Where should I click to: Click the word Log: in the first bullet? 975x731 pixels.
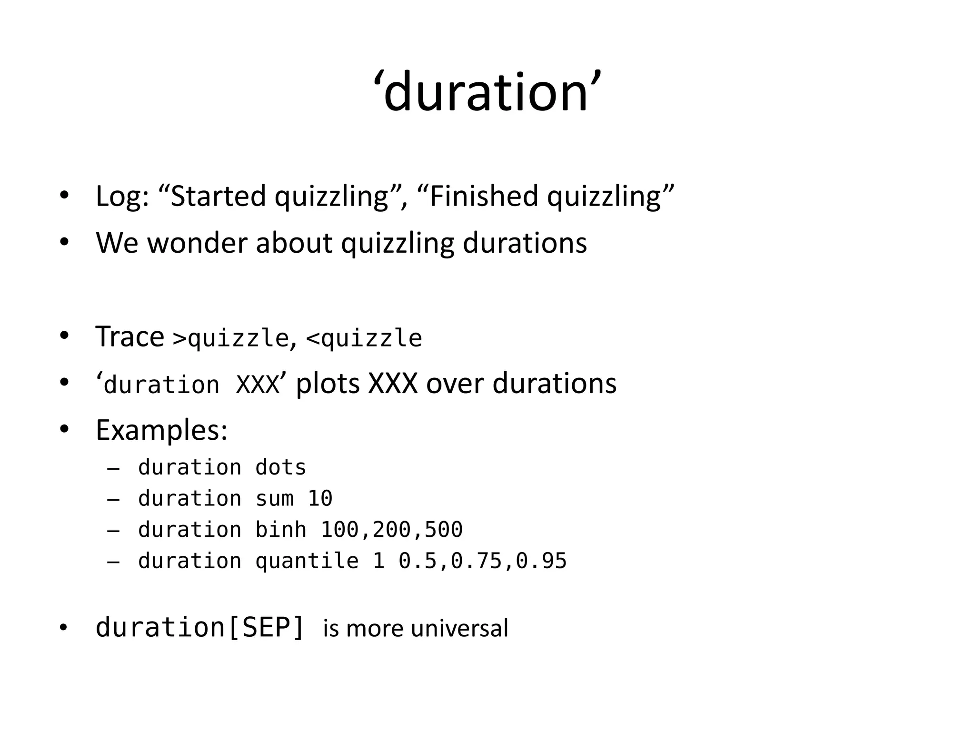click(122, 196)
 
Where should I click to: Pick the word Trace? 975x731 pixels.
click(129, 337)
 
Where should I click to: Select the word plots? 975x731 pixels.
click(328, 384)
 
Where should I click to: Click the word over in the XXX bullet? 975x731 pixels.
click(455, 384)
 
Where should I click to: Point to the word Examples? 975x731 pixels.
click(161, 431)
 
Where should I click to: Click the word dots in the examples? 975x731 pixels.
click(281, 468)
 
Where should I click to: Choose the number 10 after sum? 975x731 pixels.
click(320, 499)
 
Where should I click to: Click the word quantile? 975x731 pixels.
click(307, 561)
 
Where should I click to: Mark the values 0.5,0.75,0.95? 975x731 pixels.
click(482, 561)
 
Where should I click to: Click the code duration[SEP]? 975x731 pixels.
click(199, 627)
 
